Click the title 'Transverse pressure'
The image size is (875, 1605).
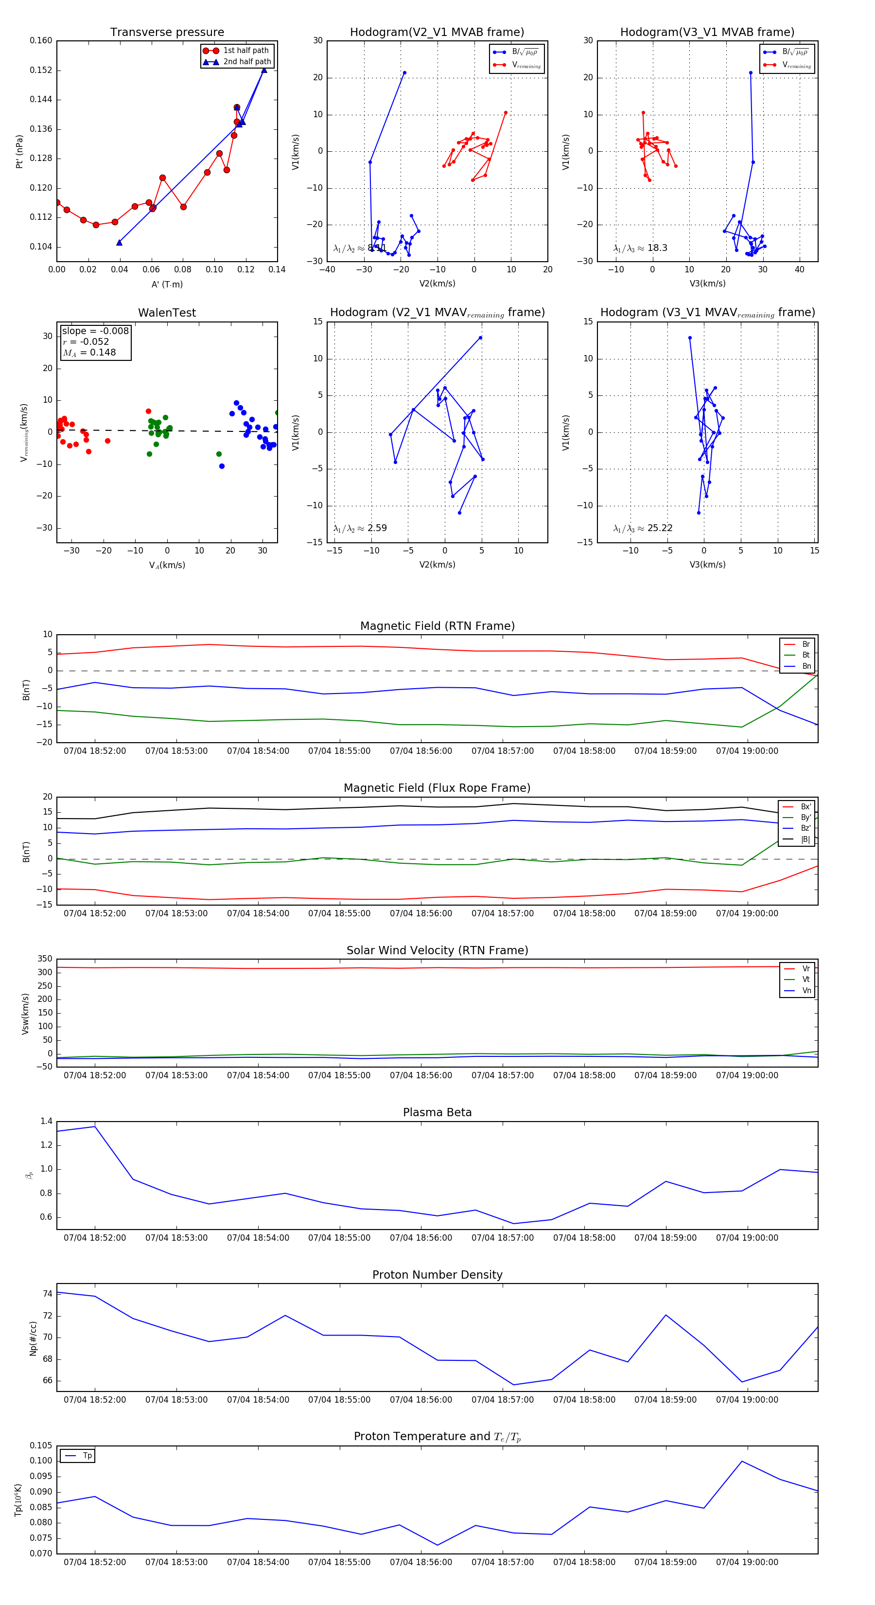tap(167, 33)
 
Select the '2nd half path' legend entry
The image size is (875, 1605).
tap(246, 62)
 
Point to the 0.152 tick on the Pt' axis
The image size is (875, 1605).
tap(41, 71)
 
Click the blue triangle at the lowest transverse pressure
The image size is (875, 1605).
tap(120, 242)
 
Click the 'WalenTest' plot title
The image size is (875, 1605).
tap(167, 313)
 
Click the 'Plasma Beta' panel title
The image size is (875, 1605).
tap(437, 1112)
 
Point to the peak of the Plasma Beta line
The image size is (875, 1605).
tap(95, 1126)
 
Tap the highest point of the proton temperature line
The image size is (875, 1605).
tap(742, 1461)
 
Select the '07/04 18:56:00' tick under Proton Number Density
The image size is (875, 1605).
tap(421, 1399)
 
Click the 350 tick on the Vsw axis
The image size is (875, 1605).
tap(45, 959)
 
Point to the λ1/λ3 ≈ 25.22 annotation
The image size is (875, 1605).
tap(643, 528)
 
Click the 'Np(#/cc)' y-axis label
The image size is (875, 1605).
tap(34, 1338)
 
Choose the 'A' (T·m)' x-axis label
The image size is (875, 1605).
tap(167, 285)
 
